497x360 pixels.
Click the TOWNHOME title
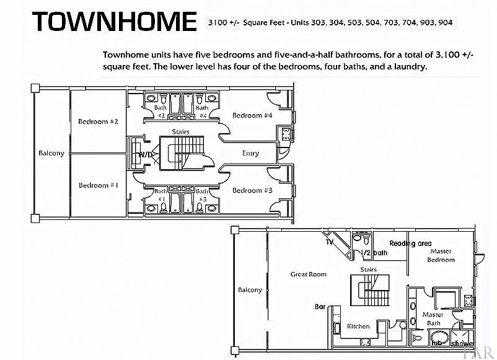(x=115, y=22)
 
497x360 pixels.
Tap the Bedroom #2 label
(x=98, y=121)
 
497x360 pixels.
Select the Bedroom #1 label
(x=98, y=185)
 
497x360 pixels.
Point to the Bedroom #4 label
(x=252, y=115)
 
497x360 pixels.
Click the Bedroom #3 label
(x=252, y=190)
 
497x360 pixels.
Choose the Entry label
(x=250, y=153)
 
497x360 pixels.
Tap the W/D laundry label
(x=146, y=154)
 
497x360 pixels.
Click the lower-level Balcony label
(x=51, y=153)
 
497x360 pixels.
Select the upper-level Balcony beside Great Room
(x=250, y=289)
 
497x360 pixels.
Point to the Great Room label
(x=308, y=274)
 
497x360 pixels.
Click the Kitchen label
(x=358, y=326)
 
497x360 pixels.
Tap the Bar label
(x=320, y=307)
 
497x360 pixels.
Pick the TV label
(x=330, y=242)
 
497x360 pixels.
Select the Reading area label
(x=410, y=244)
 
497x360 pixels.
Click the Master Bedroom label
(x=441, y=255)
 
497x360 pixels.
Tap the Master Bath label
(x=433, y=318)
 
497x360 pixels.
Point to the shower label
(x=462, y=343)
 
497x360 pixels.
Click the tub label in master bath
(x=436, y=341)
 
